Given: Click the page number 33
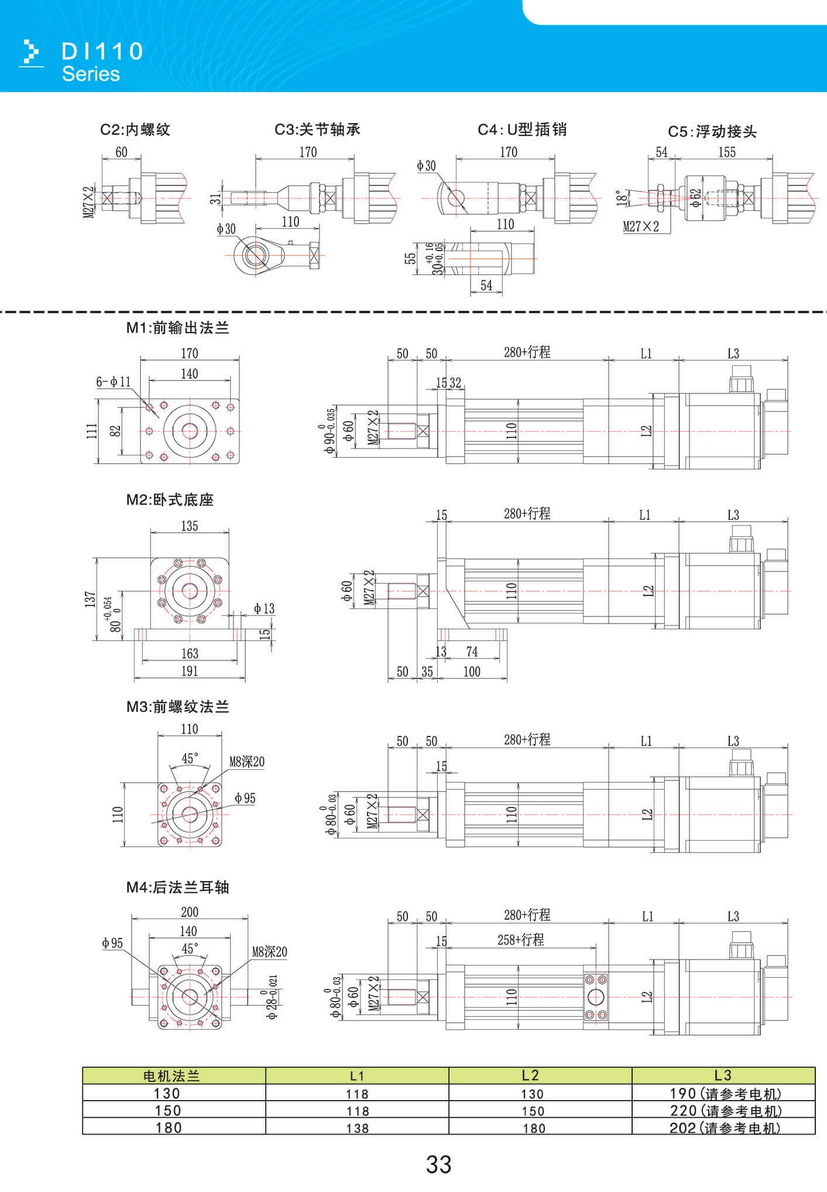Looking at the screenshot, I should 438,1164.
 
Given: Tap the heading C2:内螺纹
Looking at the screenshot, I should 135,129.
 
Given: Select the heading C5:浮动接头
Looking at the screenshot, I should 712,132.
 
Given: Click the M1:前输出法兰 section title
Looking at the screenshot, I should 177,328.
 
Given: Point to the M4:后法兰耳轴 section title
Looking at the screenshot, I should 177,887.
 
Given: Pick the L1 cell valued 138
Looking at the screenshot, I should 357,1128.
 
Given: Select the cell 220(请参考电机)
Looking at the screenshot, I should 725,1110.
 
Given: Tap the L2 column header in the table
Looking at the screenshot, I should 530,1075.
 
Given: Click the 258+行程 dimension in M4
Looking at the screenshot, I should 520,940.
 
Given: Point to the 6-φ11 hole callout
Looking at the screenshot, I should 114,382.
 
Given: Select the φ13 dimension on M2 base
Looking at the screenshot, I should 264,608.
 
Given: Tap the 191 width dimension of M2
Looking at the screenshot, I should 190,671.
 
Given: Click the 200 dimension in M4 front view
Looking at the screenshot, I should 190,912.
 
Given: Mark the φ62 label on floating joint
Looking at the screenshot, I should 695,198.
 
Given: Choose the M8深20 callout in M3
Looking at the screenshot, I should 246,762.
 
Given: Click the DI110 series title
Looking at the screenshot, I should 102,52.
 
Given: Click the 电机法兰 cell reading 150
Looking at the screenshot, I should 168,1110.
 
